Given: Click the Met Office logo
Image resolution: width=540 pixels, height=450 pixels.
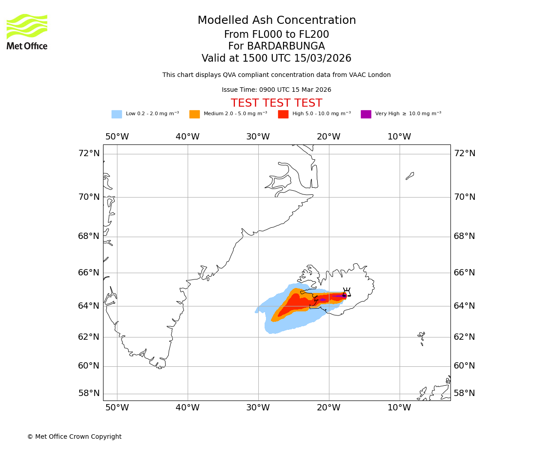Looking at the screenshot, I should (27, 31).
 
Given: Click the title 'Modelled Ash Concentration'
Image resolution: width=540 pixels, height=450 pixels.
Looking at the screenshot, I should (277, 21).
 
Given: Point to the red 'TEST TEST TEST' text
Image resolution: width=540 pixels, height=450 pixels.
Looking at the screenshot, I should (276, 103).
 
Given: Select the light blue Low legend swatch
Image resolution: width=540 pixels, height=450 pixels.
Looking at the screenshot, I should (117, 114).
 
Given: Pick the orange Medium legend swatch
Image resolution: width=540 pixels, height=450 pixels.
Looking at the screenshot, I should (194, 114).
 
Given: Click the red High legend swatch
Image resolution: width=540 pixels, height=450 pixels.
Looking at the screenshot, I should (283, 114).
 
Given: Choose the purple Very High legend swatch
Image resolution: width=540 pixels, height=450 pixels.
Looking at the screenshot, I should (366, 114).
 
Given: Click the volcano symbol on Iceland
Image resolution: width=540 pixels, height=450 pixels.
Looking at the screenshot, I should (346, 292).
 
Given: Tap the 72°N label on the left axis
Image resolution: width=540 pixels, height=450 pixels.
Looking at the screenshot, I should (89, 153).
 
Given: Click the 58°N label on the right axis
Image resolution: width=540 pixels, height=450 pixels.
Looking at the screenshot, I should (464, 393).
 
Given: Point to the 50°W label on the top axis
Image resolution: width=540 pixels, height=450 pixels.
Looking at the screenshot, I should (117, 137).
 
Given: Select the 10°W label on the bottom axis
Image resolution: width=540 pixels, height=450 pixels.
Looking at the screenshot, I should (399, 408).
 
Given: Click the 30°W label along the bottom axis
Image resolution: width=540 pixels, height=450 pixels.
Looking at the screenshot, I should (258, 408).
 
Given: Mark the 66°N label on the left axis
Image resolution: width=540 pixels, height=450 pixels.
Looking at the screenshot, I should (89, 273).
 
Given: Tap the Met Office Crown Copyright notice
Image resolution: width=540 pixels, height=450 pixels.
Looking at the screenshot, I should (74, 437).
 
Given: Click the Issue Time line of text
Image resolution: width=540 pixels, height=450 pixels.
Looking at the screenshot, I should (276, 90).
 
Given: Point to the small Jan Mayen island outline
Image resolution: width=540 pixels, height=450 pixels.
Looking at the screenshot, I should (409, 175).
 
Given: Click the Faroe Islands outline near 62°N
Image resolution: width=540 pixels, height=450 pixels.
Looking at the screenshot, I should (422, 337).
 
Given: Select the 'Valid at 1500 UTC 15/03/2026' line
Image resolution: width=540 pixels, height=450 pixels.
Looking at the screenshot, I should (276, 58).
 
